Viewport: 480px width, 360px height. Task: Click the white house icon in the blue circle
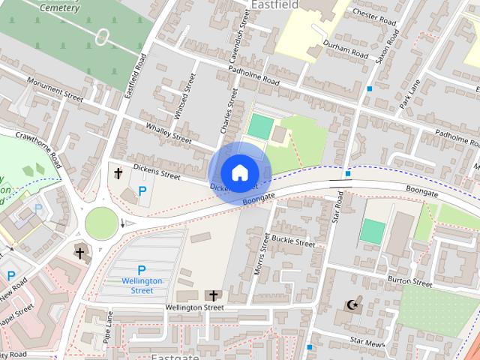coord(239,172)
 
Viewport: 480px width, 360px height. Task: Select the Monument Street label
coord(54,88)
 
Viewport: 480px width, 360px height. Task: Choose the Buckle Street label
coord(293,242)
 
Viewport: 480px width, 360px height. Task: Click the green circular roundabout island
coord(100,222)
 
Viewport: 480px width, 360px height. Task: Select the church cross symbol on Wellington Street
coord(213,295)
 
